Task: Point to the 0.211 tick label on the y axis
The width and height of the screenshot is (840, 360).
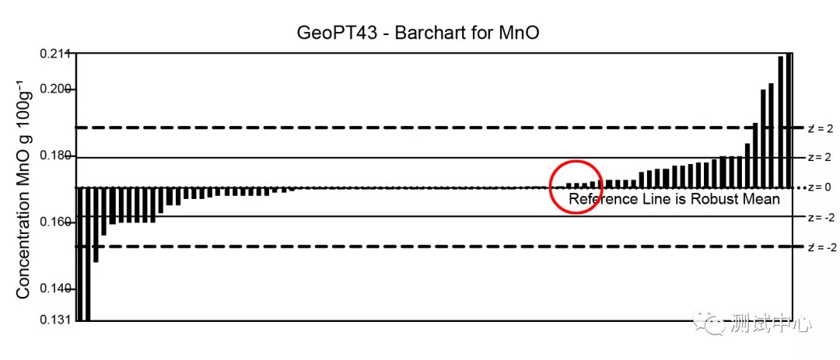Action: pyautogui.click(x=55, y=54)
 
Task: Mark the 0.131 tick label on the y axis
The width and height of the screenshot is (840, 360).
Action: pyautogui.click(x=55, y=320)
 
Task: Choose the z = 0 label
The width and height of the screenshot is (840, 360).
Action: pyautogui.click(x=819, y=187)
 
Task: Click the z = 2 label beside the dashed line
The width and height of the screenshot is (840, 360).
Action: pyautogui.click(x=821, y=128)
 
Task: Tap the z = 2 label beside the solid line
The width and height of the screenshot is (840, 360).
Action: pyautogui.click(x=819, y=157)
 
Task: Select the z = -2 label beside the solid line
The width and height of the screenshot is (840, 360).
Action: pyautogui.click(x=821, y=218)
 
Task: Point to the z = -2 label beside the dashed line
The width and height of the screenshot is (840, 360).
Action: pyautogui.click(x=823, y=247)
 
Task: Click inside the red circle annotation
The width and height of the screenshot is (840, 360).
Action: pyautogui.click(x=576, y=185)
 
